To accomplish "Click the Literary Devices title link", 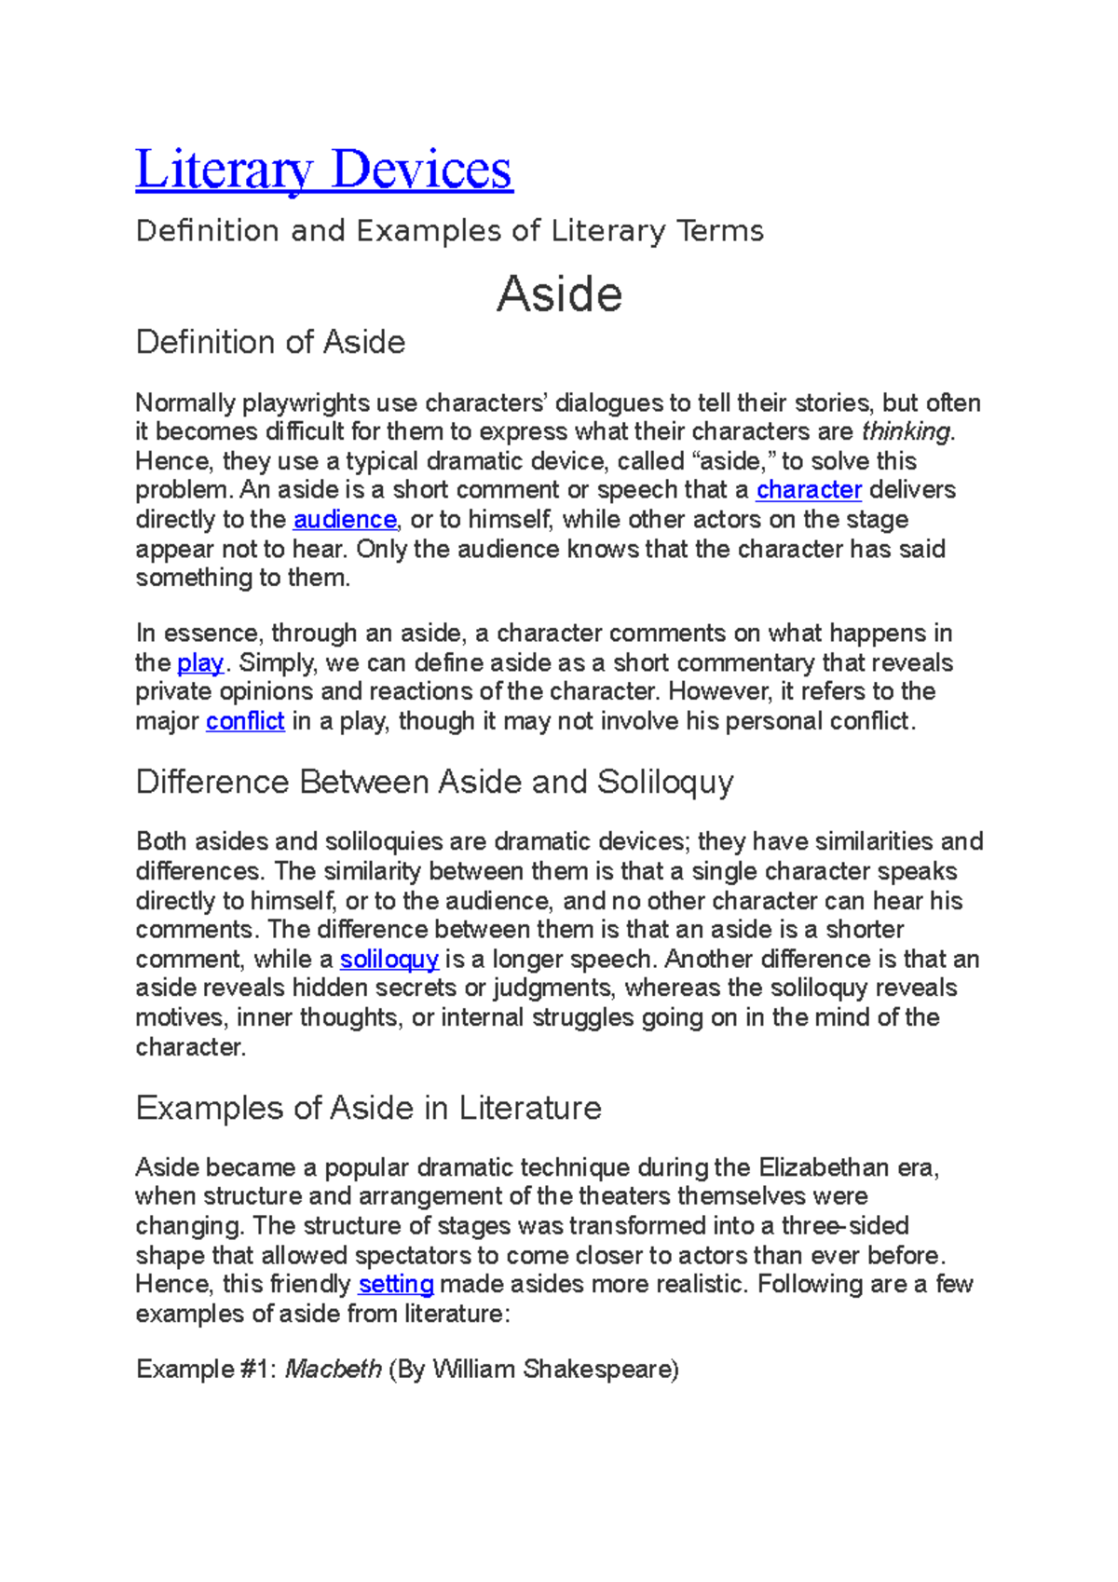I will coord(323,170).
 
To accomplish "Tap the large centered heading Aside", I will coord(559,294).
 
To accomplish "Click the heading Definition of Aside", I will coord(270,342).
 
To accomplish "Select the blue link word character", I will coord(809,490).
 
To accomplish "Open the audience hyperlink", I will coord(345,520).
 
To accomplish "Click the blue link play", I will coord(200,663).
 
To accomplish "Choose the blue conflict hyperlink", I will coord(245,722).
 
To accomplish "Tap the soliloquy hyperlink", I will coord(389,960).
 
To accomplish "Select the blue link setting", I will coord(396,1285).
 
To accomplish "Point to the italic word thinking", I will coord(907,431).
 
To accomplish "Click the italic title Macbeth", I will coord(333,1370).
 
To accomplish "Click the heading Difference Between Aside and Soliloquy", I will coord(434,782).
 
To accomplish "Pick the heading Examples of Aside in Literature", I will coord(368,1108).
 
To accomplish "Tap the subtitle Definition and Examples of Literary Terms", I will coord(449,231).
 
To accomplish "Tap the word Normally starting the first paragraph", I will coord(185,403).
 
